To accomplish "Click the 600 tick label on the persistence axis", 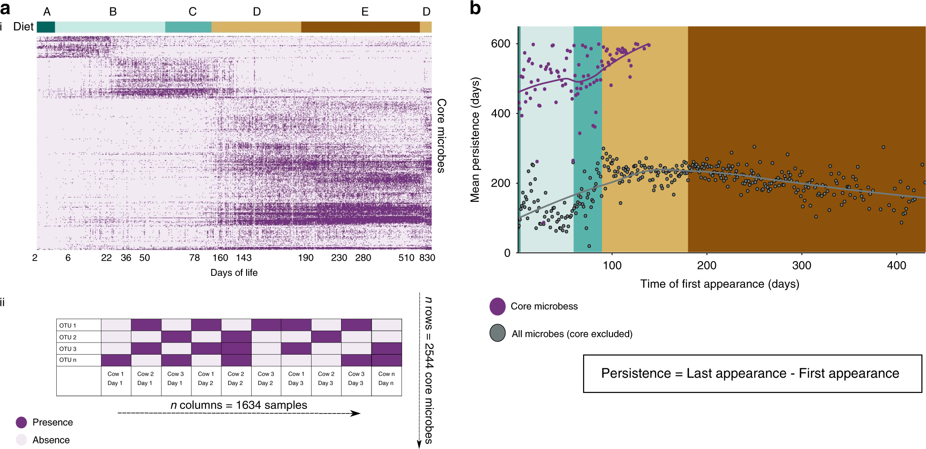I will [x=501, y=44].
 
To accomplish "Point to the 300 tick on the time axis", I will [x=802, y=265].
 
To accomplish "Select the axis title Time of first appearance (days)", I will [x=720, y=284].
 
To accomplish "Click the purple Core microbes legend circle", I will [x=497, y=306].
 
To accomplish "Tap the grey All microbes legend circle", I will [x=497, y=333].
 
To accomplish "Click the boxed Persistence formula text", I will [x=750, y=373].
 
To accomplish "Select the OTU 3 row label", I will [x=68, y=349].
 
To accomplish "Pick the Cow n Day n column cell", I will [x=386, y=379].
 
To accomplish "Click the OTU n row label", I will [x=68, y=360].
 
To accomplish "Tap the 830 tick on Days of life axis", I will [x=427, y=258].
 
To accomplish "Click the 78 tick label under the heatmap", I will [x=195, y=258].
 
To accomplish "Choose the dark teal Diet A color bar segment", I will [x=46, y=27].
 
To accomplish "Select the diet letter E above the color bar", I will [x=365, y=12].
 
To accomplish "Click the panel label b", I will [x=475, y=8].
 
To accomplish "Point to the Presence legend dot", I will [x=21, y=422].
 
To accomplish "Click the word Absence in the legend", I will [x=51, y=440].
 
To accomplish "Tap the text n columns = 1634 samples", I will [x=239, y=405].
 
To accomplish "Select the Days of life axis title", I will [x=234, y=273].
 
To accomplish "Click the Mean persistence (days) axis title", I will [x=475, y=140].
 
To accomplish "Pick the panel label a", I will [x=6, y=8].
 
